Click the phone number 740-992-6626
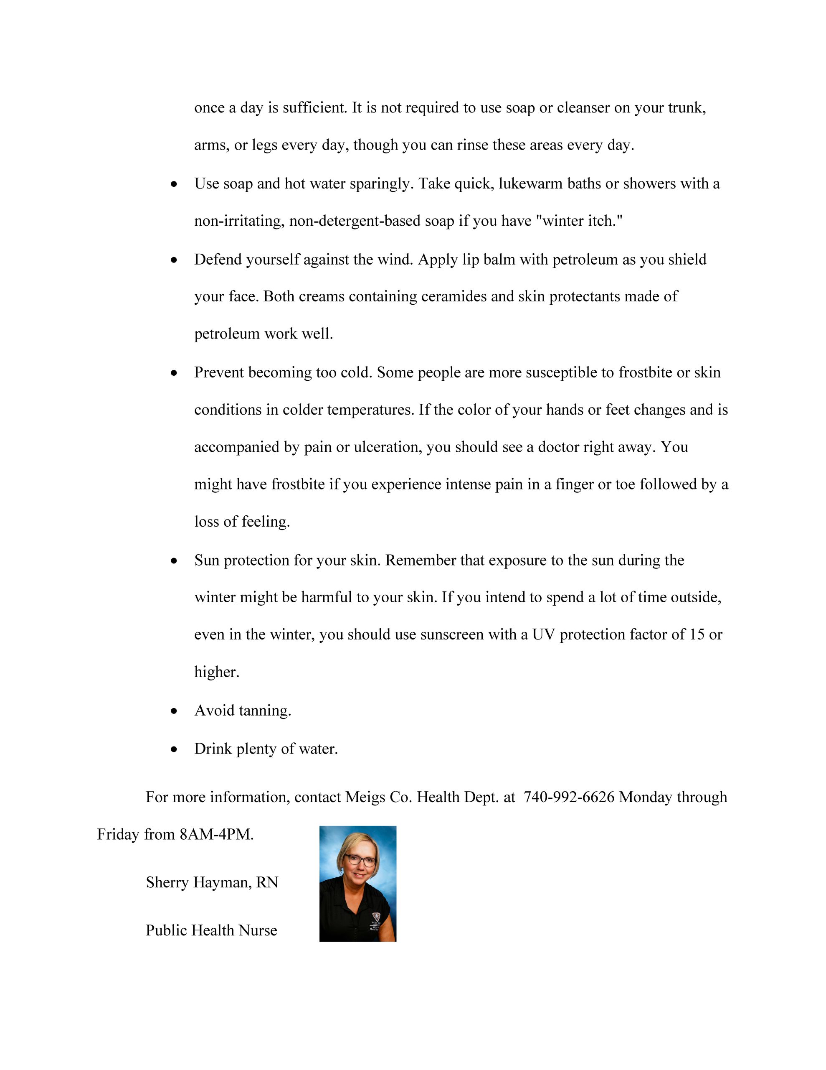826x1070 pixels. click(568, 797)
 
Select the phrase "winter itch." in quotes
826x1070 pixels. click(579, 221)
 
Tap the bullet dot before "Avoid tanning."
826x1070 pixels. click(174, 711)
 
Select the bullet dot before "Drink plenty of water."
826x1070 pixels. click(174, 749)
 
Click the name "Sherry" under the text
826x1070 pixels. click(167, 882)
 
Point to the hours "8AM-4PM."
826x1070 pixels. click(216, 834)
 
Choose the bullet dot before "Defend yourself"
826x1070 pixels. click(174, 260)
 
